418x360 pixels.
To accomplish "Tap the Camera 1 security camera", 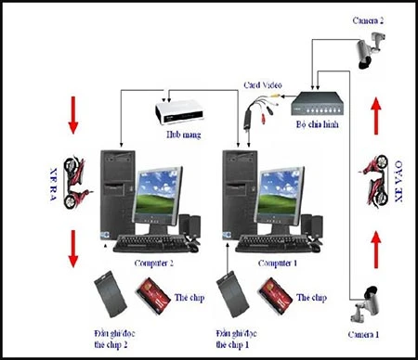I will pyautogui.click(x=365, y=298).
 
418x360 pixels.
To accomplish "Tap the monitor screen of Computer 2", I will pyautogui.click(x=160, y=191).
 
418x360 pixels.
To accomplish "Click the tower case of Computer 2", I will pyautogui.click(x=118, y=194).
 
